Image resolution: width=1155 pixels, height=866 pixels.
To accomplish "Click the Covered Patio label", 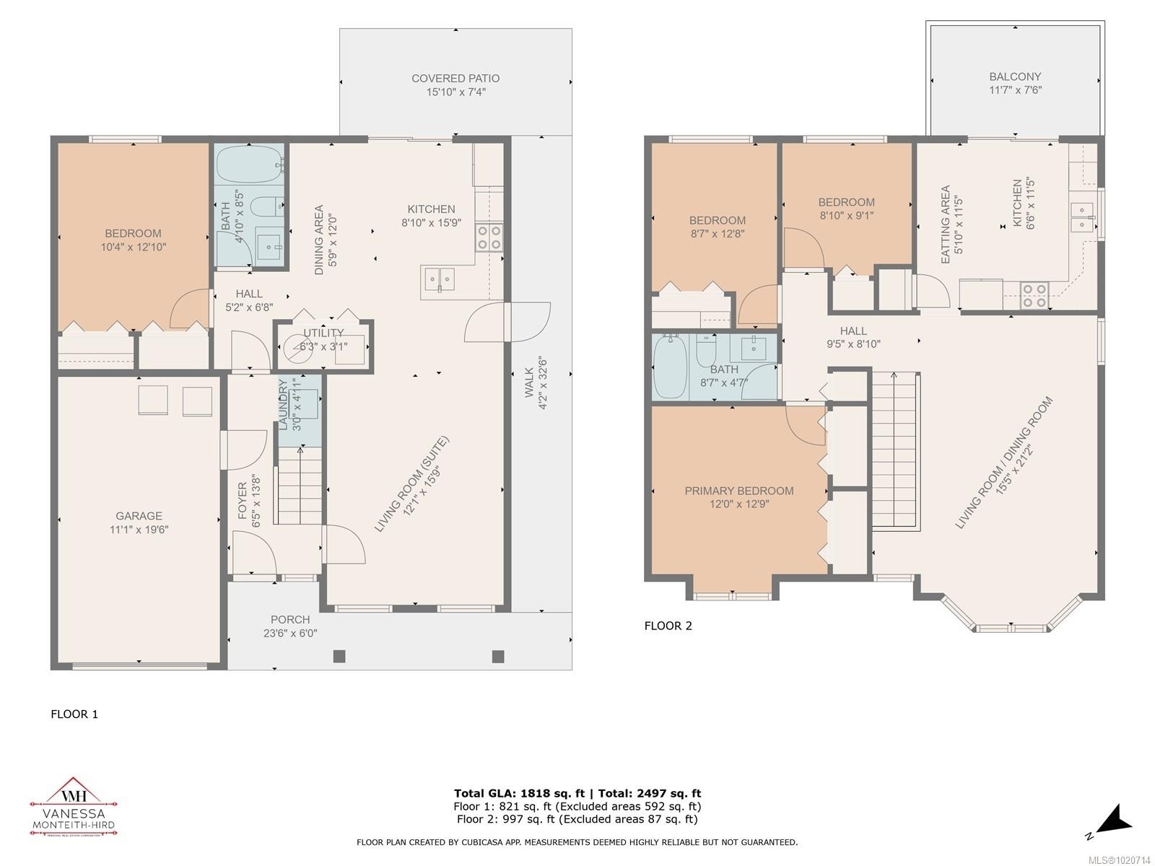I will click(455, 78).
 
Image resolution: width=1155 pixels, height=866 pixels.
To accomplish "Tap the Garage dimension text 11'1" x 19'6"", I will click(139, 530).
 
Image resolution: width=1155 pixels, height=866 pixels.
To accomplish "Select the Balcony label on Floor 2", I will click(1014, 76).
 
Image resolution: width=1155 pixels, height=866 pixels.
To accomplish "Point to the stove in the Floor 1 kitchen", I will click(489, 237).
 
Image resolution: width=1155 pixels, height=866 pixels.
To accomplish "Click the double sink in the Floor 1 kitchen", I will click(439, 279).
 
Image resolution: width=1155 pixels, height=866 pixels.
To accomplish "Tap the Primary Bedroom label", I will click(738, 491).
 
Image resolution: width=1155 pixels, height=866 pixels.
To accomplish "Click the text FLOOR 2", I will click(668, 626).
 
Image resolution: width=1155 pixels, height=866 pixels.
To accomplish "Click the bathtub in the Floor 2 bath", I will click(669, 367).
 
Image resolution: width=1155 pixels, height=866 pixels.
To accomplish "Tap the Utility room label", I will click(323, 333).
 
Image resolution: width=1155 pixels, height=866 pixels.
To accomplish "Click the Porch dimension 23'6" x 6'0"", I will click(290, 634).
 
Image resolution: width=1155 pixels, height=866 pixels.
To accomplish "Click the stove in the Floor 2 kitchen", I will click(1034, 295).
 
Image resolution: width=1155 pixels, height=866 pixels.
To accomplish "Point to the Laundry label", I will click(284, 405).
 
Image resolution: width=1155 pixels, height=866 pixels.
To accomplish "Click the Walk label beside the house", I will click(529, 382).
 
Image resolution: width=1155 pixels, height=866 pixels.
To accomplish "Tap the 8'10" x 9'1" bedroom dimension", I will click(846, 215).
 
